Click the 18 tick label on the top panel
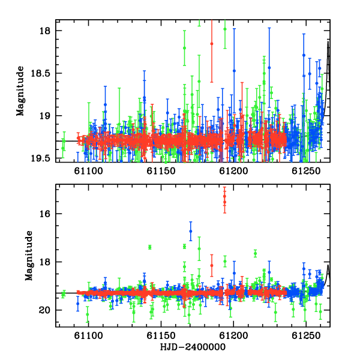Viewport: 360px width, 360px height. pyautogui.click(x=45, y=31)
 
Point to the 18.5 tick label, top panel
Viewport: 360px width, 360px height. pyautogui.click(x=40, y=73)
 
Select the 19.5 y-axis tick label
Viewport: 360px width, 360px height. pyautogui.click(x=40, y=158)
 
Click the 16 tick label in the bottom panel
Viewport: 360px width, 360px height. pyautogui.click(x=45, y=214)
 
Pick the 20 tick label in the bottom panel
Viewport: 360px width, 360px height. pyautogui.click(x=45, y=310)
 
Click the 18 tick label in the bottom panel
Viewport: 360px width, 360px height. pyautogui.click(x=45, y=262)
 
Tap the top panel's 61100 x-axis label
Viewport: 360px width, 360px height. pyautogui.click(x=88, y=171)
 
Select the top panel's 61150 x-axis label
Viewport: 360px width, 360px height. pyautogui.click(x=161, y=171)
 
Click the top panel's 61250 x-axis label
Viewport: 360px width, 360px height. pyautogui.click(x=306, y=171)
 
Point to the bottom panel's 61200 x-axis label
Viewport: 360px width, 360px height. pyautogui.click(x=233, y=335)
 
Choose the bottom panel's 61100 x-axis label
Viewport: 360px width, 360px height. pyautogui.click(x=88, y=335)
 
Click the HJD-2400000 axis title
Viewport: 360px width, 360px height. pyautogui.click(x=193, y=347)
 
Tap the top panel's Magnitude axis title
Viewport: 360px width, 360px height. pyautogui.click(x=20, y=91)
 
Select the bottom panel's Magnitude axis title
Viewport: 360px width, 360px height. pyautogui.click(x=29, y=256)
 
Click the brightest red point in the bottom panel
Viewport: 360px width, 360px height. pyautogui.click(x=224, y=196)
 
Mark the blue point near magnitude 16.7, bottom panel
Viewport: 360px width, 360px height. pyautogui.click(x=191, y=231)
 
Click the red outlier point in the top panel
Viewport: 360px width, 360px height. pyautogui.click(x=212, y=44)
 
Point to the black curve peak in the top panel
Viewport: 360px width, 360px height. pyautogui.click(x=328, y=41)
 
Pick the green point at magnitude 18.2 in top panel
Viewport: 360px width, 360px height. pyautogui.click(x=184, y=48)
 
